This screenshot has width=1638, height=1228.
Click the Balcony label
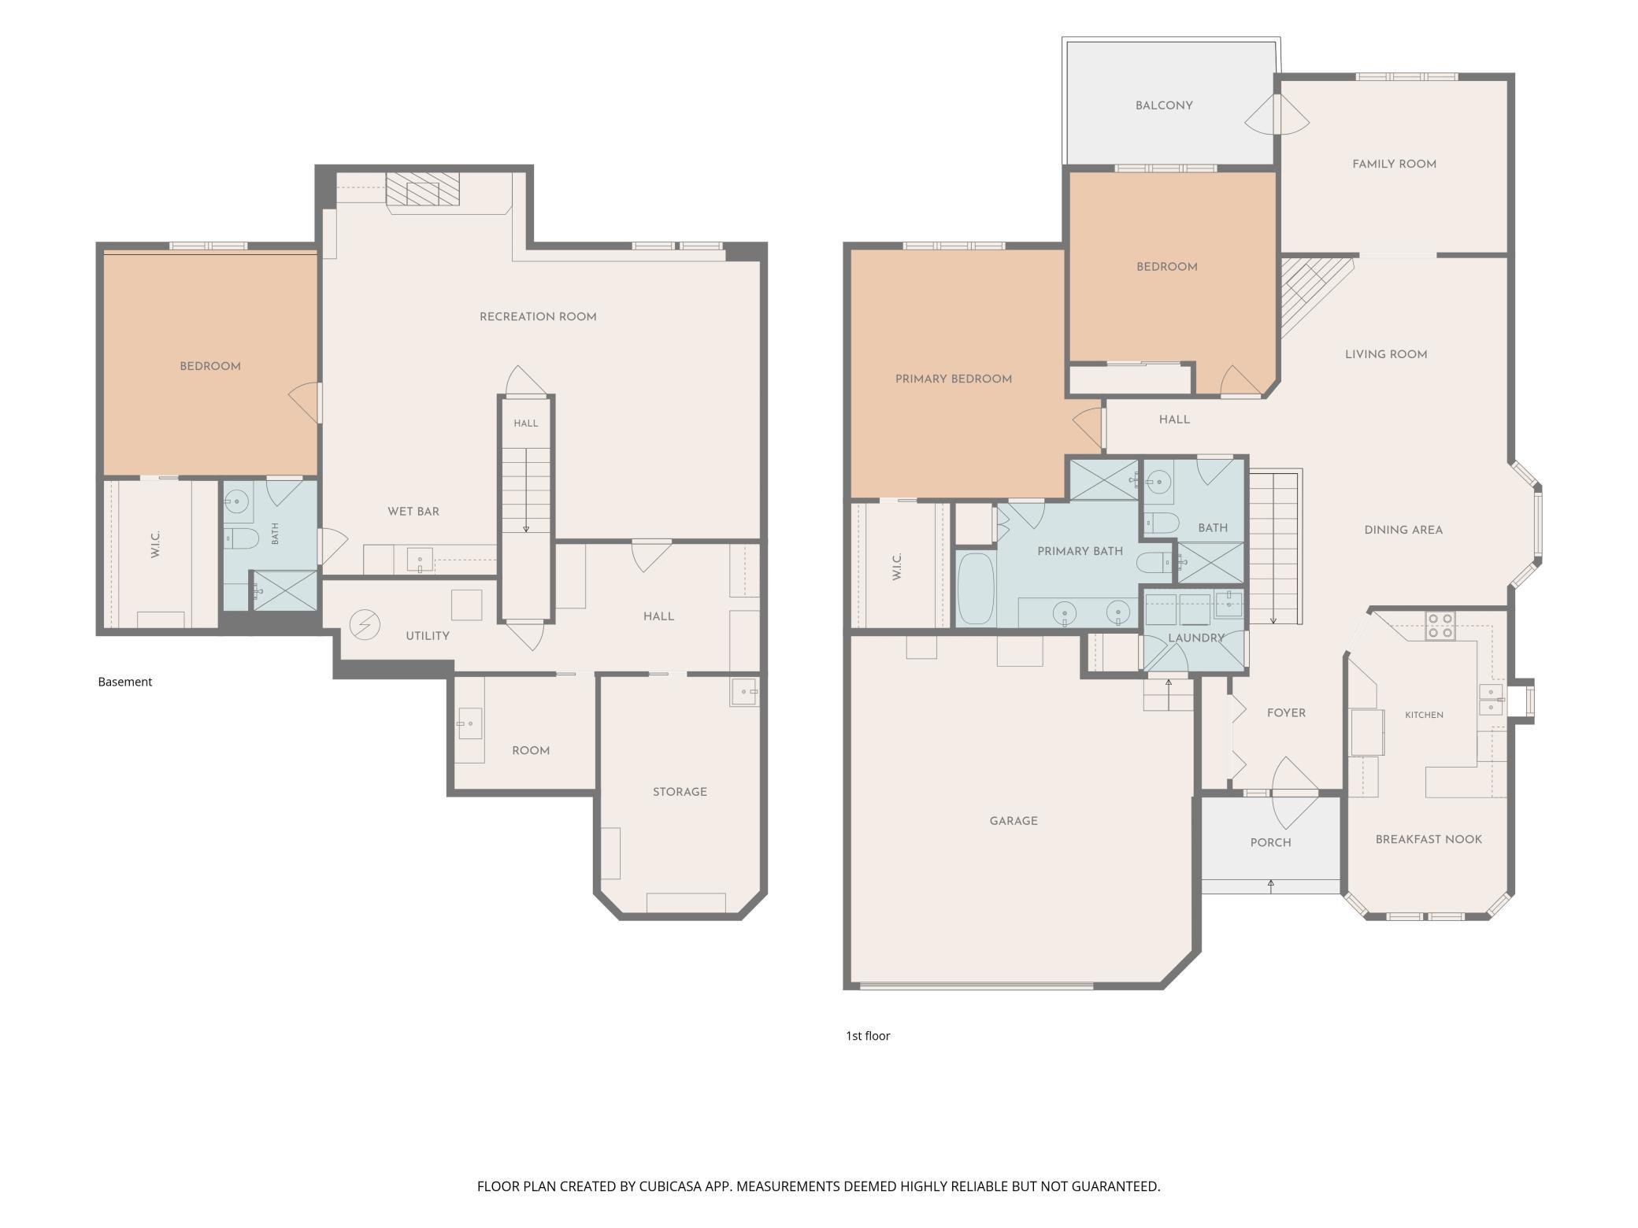pos(1164,105)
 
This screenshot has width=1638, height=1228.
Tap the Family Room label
pos(1394,165)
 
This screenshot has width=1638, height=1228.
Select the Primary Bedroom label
pos(954,379)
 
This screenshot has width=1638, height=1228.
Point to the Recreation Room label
pos(538,317)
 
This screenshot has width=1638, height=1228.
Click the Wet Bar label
pos(413,512)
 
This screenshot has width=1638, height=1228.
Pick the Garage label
pos(1014,821)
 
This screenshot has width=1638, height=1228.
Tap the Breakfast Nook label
pos(1429,840)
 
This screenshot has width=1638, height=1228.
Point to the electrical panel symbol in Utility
pos(365,626)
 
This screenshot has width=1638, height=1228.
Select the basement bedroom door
pos(306,402)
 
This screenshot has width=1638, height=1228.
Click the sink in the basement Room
pos(469,723)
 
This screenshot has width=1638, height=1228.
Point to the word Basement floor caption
pos(124,682)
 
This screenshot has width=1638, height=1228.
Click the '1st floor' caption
pos(868,1036)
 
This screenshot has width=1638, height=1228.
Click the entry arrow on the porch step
pos(1271,886)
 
